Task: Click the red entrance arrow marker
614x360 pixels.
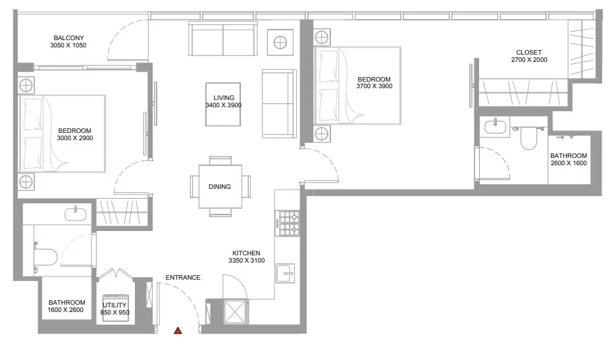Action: pyautogui.click(x=178, y=330)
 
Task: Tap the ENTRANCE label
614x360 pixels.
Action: pyautogui.click(x=183, y=277)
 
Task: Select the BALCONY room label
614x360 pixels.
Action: pyautogui.click(x=68, y=38)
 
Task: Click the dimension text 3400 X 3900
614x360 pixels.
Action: pyautogui.click(x=224, y=105)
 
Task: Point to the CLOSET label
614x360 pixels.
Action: pyautogui.click(x=528, y=52)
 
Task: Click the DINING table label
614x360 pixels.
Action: pyautogui.click(x=220, y=186)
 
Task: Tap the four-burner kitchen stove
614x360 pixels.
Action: pyautogui.click(x=288, y=223)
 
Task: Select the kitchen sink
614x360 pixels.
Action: pyautogui.click(x=285, y=273)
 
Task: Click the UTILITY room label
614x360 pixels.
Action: pyautogui.click(x=115, y=305)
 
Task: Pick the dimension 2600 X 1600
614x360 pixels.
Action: pyautogui.click(x=569, y=163)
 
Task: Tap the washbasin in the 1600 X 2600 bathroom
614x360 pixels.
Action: pyautogui.click(x=76, y=214)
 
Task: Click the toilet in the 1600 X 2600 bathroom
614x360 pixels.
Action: pyautogui.click(x=45, y=257)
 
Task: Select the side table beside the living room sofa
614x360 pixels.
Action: pyautogui.click(x=280, y=42)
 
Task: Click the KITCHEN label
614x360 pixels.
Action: pyautogui.click(x=246, y=253)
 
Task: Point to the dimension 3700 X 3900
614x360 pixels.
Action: pyautogui.click(x=374, y=86)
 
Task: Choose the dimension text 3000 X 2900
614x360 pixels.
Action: pyautogui.click(x=75, y=138)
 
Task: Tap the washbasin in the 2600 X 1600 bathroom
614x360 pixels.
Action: pyautogui.click(x=496, y=126)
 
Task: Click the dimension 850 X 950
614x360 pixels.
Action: pyautogui.click(x=115, y=313)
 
